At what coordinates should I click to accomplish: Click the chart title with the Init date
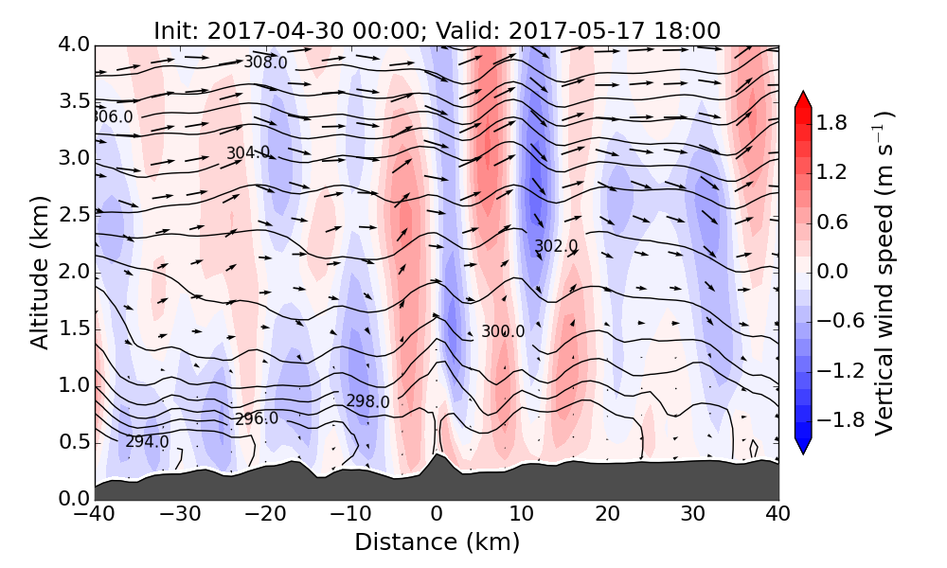pos(437,30)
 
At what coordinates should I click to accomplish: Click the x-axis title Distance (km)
pos(437,542)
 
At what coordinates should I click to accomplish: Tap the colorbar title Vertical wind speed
pos(884,273)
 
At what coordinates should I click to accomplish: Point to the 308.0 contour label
pos(265,62)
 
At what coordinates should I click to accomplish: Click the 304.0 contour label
pos(247,153)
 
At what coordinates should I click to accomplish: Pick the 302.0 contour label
pos(556,246)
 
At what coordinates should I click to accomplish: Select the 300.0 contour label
pos(502,331)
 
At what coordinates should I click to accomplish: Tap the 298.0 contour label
pos(367,401)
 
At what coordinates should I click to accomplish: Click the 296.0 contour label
pos(256,418)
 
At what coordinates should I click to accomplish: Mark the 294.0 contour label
pos(147,441)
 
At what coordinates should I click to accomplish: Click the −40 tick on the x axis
pos(95,515)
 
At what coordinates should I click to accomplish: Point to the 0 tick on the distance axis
pos(437,515)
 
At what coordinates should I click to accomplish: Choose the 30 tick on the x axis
pos(693,515)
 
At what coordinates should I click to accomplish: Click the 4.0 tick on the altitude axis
pos(74,44)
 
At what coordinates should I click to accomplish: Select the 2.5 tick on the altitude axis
pos(74,215)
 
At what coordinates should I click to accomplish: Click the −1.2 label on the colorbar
pos(835,369)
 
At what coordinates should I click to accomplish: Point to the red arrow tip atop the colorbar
pos(803,96)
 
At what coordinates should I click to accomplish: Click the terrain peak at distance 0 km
pos(436,456)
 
